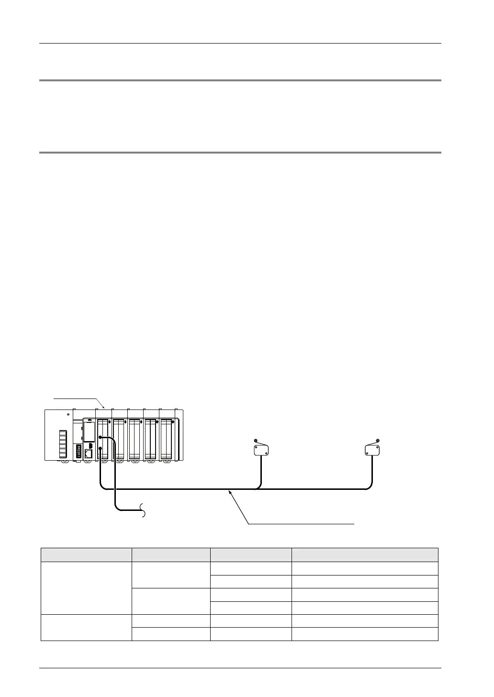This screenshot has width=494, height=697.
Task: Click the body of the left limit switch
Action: pos(261,450)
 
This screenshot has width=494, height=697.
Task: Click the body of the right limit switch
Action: pos(372,450)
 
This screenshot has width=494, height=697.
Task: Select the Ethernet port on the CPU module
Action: pos(89,454)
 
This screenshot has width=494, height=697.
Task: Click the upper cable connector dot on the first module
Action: pos(100,437)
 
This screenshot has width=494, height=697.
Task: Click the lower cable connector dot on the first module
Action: pos(100,448)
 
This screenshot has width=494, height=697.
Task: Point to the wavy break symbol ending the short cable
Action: pos(144,510)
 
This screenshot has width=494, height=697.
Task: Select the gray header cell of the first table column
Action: pos(86,554)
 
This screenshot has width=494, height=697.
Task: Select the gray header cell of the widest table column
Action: pos(365,554)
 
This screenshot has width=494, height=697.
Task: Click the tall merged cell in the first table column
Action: pos(86,588)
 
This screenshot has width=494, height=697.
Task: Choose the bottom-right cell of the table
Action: pos(365,633)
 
